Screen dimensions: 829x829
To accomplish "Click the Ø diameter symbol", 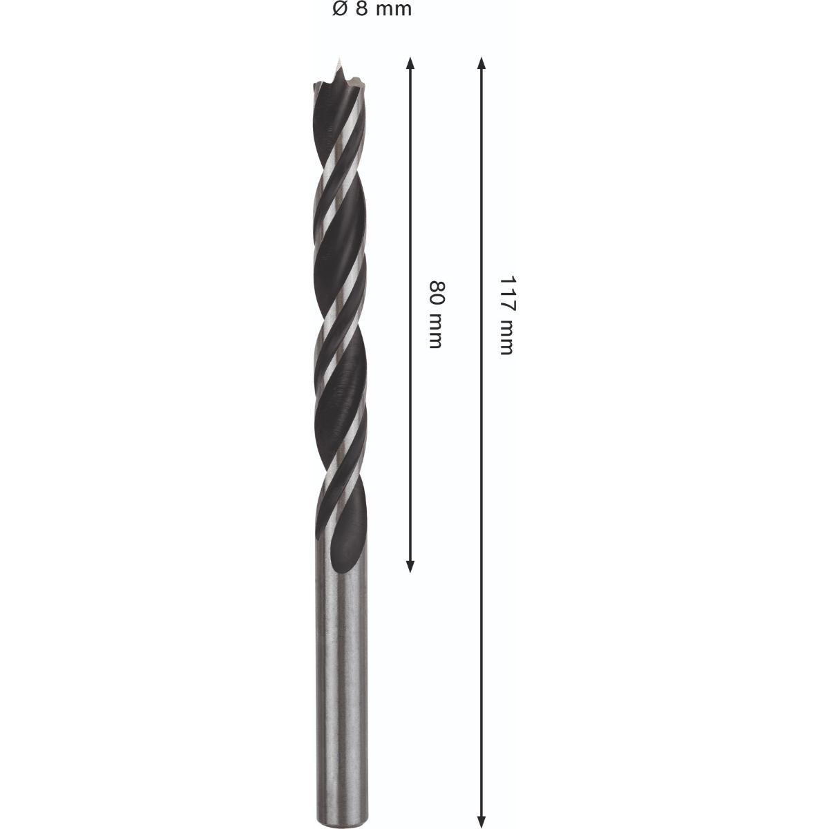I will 339,10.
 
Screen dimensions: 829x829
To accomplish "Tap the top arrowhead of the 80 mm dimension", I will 410,64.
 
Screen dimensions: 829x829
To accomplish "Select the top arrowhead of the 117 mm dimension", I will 482,64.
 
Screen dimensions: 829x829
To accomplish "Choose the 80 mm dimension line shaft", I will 410,207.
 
